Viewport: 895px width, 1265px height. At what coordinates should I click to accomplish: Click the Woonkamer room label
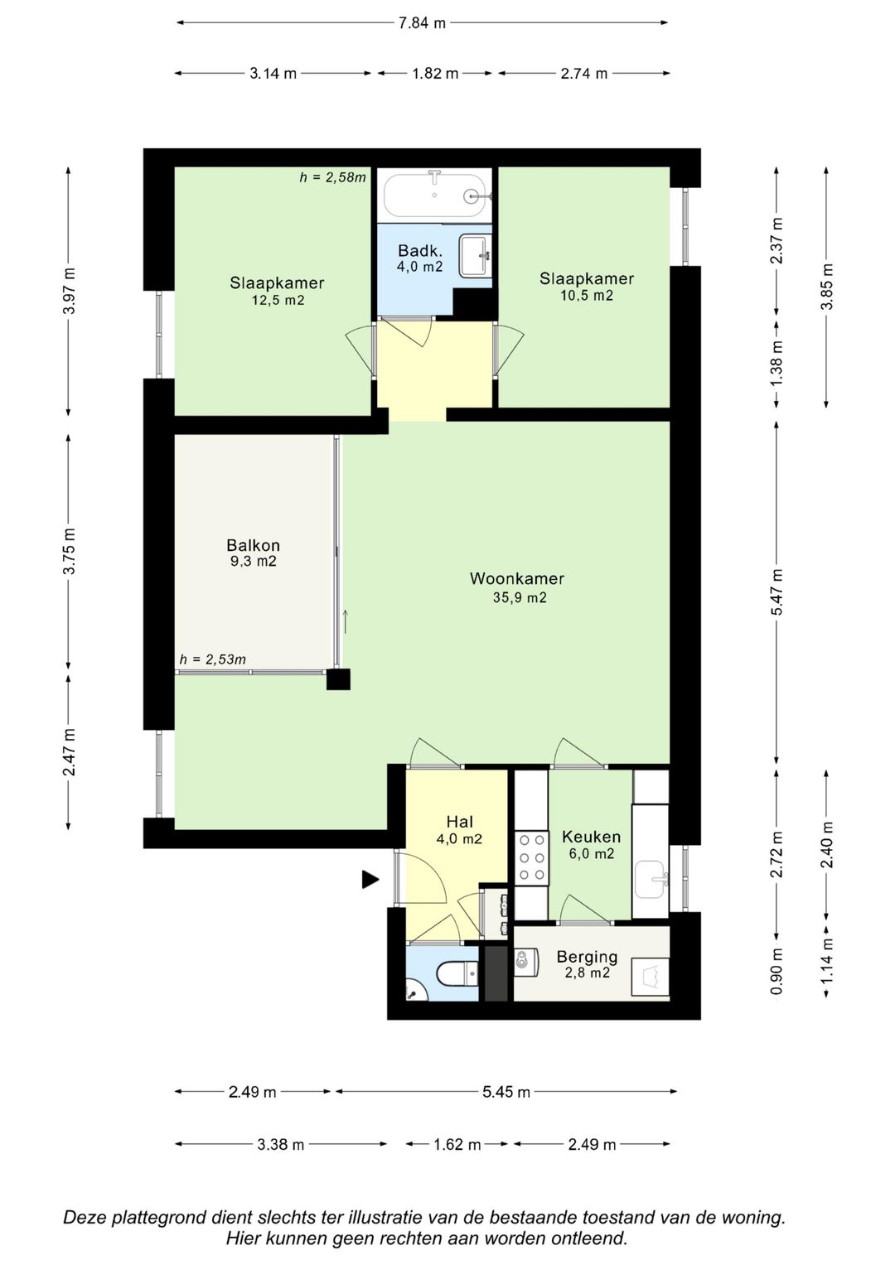coord(517,578)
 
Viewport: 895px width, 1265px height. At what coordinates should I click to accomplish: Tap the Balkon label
coord(253,545)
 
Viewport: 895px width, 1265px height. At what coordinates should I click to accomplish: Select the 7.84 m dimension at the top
coord(422,23)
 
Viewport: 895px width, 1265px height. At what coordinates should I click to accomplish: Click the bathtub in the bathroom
coord(434,195)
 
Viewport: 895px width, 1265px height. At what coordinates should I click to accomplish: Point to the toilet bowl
coord(457,973)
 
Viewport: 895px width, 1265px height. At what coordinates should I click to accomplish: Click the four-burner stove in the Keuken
coord(532,858)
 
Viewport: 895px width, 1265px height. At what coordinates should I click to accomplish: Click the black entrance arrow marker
coord(370,879)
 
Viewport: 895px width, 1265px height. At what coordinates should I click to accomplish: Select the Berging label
coord(587,957)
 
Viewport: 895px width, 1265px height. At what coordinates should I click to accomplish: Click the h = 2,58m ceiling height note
coord(333,177)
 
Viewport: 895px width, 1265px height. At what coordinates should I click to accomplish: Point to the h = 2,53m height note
coord(213,659)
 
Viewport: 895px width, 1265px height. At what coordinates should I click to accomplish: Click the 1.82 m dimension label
coord(435,74)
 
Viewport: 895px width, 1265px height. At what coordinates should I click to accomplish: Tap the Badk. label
coord(419,250)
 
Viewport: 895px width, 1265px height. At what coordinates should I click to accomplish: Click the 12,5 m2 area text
coord(278,300)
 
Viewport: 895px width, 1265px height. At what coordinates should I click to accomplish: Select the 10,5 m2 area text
coord(587,296)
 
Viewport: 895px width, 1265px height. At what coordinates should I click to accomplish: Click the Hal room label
coord(459,822)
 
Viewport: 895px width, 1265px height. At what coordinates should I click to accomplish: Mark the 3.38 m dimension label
coord(281,1145)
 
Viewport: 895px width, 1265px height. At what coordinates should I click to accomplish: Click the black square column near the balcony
coord(338,679)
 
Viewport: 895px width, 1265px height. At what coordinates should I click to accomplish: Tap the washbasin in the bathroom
coord(475,256)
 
